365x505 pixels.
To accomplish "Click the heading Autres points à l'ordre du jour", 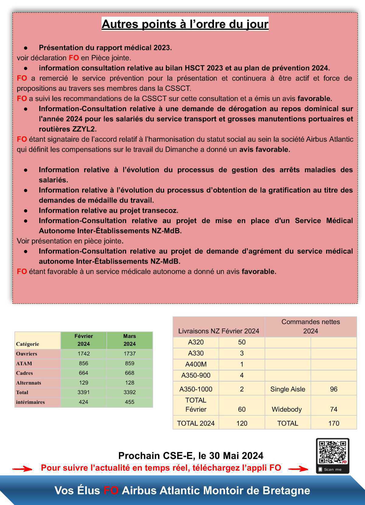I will point(185,24).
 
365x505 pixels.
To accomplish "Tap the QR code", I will point(332,453).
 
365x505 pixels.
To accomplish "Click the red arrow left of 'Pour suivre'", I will point(22,469).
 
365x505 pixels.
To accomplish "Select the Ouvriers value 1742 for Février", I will point(83,354).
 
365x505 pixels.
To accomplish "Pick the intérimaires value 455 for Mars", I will point(130,402).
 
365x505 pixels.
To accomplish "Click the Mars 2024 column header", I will point(130,340).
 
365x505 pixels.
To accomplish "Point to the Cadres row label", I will point(25,373).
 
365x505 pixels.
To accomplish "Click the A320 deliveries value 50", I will point(242,342).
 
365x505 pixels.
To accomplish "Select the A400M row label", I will point(196,365).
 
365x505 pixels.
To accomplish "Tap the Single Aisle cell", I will point(287,389).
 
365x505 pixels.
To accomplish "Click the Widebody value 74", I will point(334,409).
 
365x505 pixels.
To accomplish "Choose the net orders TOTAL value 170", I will point(334,423).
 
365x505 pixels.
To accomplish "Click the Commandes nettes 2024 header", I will point(311,326).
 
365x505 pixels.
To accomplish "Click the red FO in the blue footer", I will point(111,491).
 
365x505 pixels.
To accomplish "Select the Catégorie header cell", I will point(28,344).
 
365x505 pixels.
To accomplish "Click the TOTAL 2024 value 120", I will point(242,423).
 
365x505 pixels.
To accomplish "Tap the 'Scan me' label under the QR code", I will point(332,469).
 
